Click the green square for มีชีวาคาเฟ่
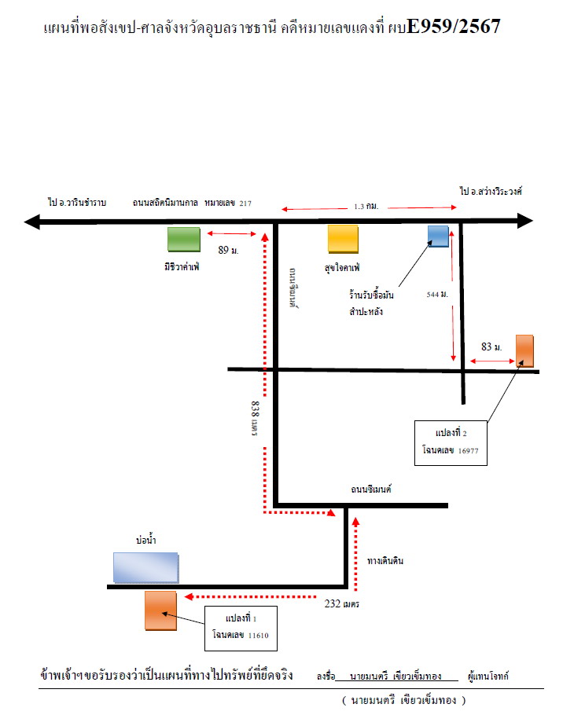[184, 240]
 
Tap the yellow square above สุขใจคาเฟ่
[343, 239]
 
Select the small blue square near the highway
[438, 236]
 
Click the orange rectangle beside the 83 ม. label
[524, 351]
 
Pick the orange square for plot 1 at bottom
[160, 610]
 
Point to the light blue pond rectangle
[146, 567]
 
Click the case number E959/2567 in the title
[454, 26]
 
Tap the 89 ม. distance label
[228, 250]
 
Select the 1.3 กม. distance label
[366, 206]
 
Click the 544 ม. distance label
[437, 295]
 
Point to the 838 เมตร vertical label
[255, 419]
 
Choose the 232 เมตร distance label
[341, 603]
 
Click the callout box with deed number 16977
[451, 443]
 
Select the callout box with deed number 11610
[241, 629]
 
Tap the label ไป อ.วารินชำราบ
[77, 203]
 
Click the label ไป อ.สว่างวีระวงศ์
[491, 191]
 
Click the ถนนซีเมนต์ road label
[371, 489]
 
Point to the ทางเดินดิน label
[385, 561]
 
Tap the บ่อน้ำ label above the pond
[146, 540]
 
